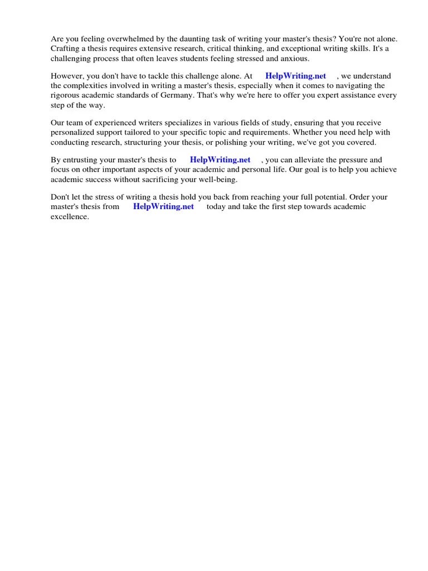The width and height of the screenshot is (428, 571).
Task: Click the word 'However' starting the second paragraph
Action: pyautogui.click(x=66, y=76)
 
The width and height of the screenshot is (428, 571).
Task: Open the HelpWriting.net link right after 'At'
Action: pyautogui.click(x=295, y=76)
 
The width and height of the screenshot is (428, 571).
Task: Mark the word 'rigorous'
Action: pyautogui.click(x=66, y=95)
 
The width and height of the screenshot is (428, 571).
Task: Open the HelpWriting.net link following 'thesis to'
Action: pyautogui.click(x=220, y=159)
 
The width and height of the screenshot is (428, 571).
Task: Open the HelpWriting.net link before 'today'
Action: pyautogui.click(x=163, y=206)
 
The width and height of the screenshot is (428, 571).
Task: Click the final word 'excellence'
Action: pyautogui.click(x=70, y=216)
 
